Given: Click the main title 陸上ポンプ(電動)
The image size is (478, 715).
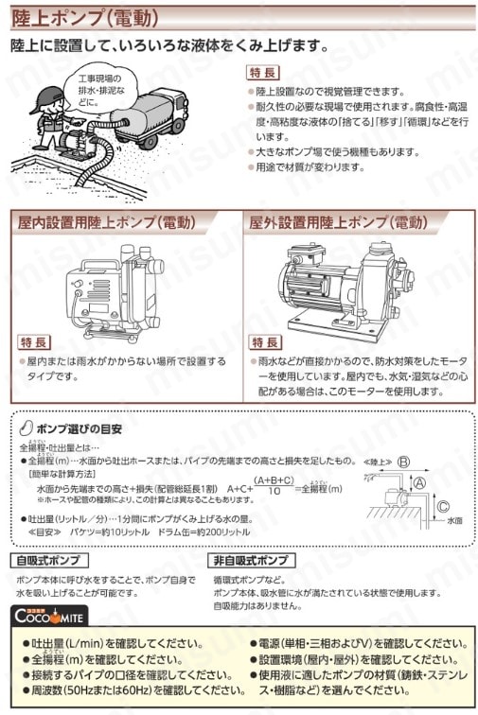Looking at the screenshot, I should click(x=84, y=17).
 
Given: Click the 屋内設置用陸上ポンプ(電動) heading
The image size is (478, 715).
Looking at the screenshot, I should click(x=106, y=223).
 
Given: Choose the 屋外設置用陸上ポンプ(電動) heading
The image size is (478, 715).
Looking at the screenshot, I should click(x=338, y=223).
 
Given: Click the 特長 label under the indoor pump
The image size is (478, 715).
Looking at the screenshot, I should click(x=34, y=341).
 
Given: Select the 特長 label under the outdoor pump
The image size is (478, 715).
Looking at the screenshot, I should click(x=268, y=341).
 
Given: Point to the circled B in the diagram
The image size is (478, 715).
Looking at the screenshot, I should click(x=403, y=462).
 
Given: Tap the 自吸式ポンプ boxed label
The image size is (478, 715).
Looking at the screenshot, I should click(x=47, y=560).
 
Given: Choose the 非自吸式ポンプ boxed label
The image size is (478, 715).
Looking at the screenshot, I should click(x=249, y=560).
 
